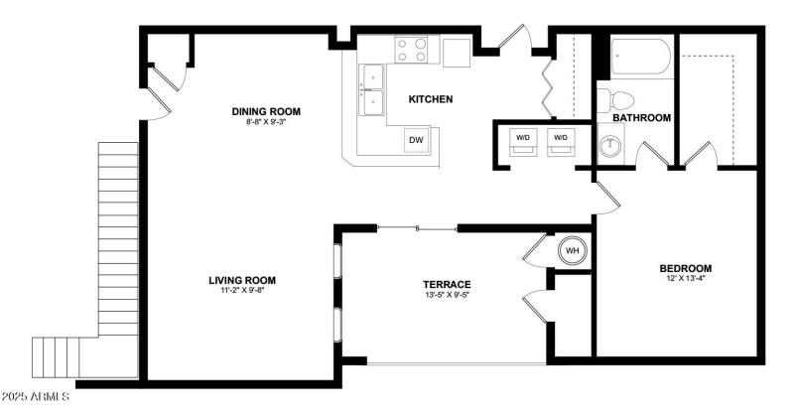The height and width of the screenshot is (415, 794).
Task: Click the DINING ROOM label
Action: click(265, 111)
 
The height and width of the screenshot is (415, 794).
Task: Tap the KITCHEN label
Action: click(431, 99)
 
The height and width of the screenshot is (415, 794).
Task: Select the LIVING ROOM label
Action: click(241, 280)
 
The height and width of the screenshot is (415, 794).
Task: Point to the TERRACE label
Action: click(446, 284)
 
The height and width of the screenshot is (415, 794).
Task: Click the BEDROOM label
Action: click(686, 268)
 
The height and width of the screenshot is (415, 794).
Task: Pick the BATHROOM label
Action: click(641, 117)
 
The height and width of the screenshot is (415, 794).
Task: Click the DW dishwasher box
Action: click(417, 141)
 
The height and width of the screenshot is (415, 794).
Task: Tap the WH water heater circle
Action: click(572, 250)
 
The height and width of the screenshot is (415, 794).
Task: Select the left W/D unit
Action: click(522, 138)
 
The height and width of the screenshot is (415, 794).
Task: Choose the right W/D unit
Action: click(561, 138)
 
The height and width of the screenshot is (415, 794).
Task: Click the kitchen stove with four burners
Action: click(412, 50)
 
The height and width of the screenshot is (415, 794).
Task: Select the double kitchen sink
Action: click(372, 89)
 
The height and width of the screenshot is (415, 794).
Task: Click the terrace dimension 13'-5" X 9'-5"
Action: click(446, 295)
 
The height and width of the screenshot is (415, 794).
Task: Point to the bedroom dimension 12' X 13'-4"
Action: click(686, 279)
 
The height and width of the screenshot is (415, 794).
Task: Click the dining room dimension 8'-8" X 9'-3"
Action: click(265, 122)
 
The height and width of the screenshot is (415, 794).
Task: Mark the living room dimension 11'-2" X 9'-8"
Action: click(241, 291)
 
